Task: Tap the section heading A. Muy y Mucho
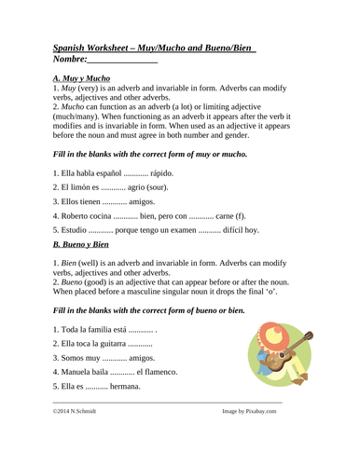coord(83,79)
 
